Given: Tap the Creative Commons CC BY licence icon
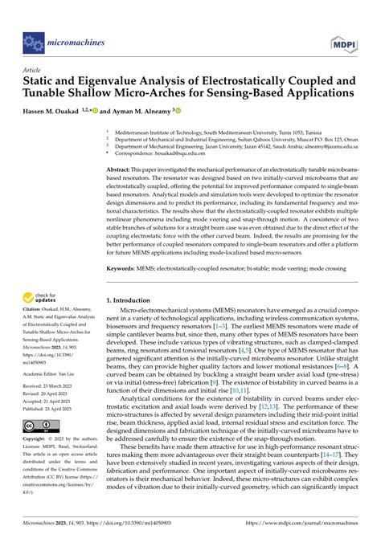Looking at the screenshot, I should (x=39, y=425).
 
